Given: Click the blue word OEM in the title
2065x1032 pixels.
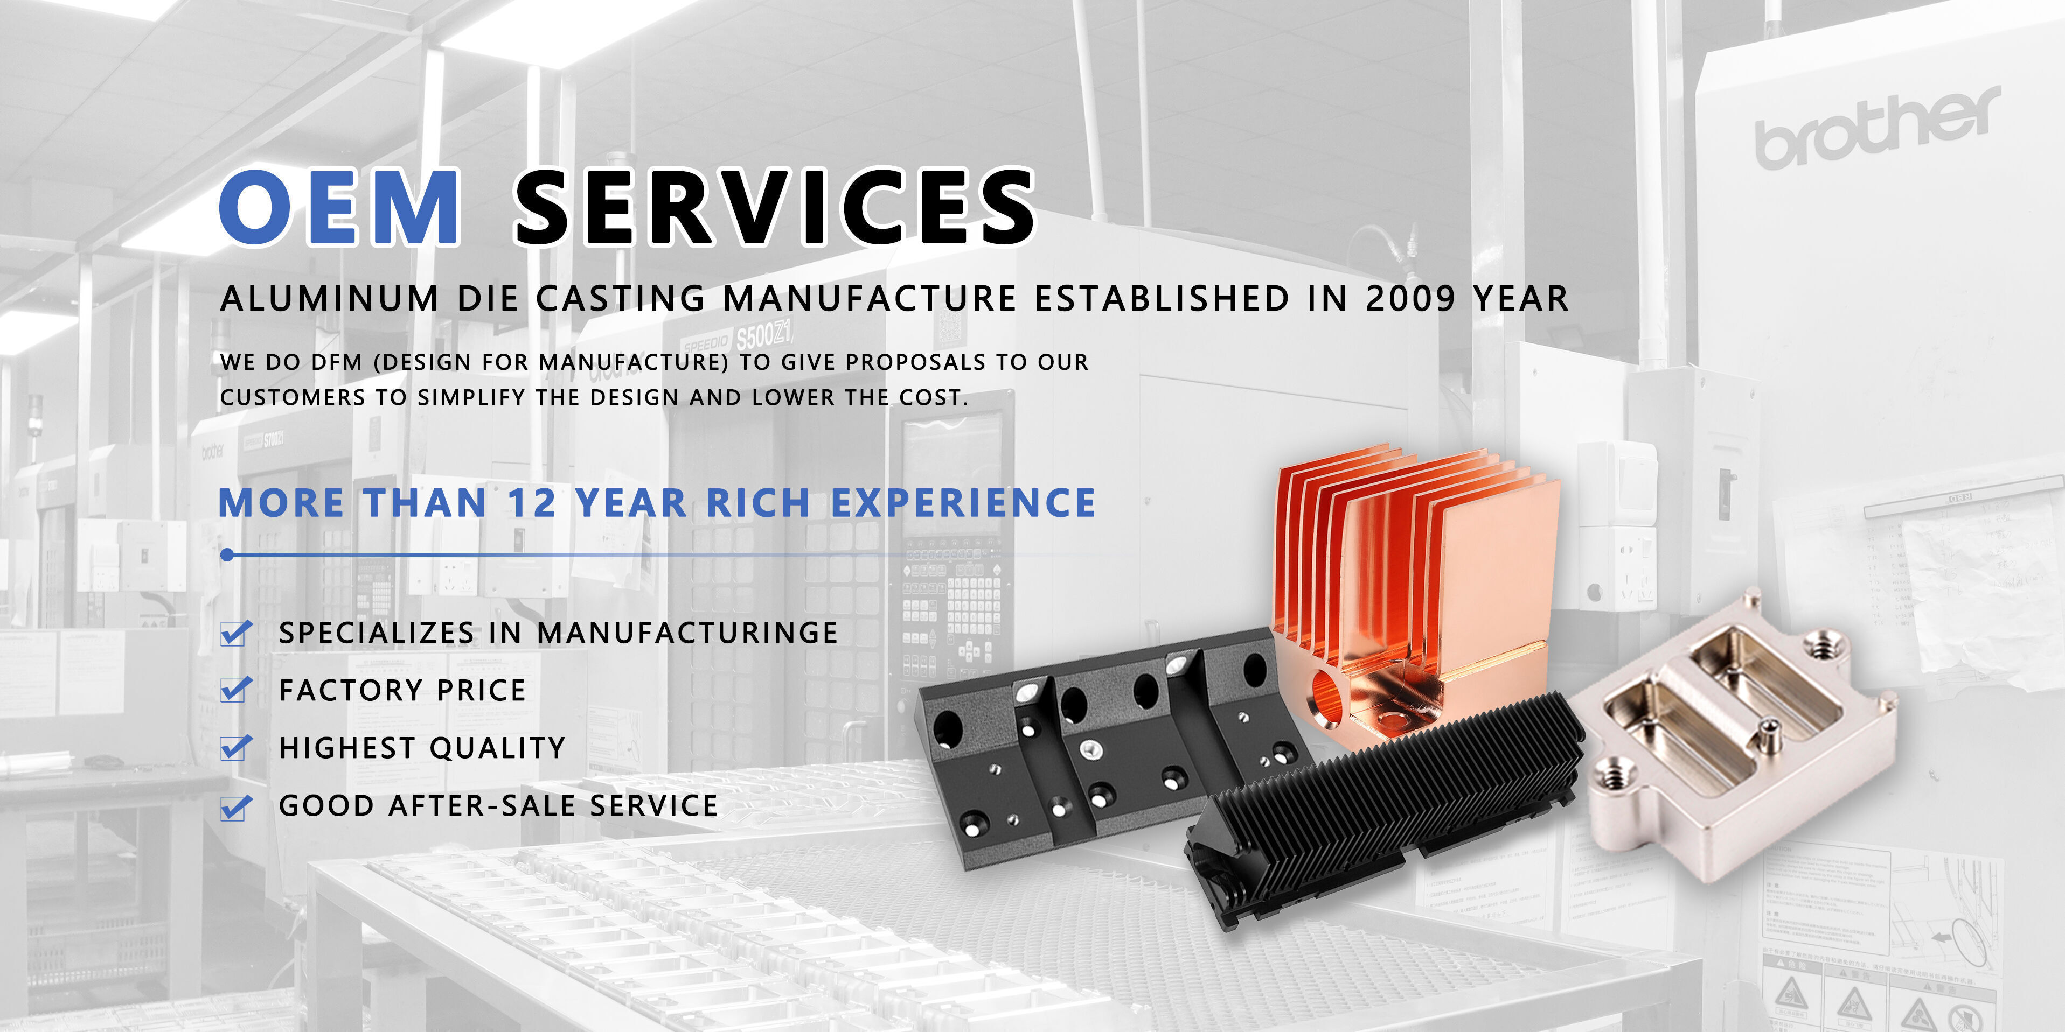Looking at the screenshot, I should tap(340, 207).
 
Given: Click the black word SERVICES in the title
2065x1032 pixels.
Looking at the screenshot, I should tap(774, 207).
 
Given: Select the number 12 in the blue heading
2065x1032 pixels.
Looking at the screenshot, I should tap(532, 503).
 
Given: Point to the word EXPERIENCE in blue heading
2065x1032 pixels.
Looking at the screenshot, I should tap(963, 503).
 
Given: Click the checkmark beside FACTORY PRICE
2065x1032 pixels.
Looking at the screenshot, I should tap(235, 690).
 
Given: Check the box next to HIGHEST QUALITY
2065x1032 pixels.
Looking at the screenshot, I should tap(235, 748).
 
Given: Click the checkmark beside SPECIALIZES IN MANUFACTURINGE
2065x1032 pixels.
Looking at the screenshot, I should tap(235, 633).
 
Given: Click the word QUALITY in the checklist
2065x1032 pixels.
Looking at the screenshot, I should tap(498, 748).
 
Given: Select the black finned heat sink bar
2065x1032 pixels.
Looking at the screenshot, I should tap(1387, 809).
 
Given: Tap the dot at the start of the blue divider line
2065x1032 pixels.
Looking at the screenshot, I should tap(228, 554).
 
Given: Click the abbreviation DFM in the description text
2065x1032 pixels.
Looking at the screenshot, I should tap(337, 362).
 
